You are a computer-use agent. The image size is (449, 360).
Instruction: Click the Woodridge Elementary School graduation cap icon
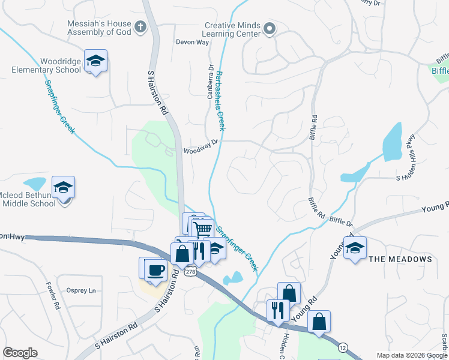(x=95, y=61)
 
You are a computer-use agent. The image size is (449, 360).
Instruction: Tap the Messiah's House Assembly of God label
(x=99, y=28)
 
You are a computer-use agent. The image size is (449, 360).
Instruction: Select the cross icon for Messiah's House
(x=140, y=26)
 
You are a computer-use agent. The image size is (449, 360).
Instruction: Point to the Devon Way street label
(x=192, y=42)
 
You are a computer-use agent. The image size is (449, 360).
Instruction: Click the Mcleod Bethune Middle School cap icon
(x=63, y=187)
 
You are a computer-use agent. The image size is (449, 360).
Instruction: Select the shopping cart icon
(x=203, y=229)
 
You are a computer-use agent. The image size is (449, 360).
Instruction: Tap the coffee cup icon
(x=155, y=269)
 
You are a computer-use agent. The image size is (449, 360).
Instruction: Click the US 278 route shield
(x=190, y=272)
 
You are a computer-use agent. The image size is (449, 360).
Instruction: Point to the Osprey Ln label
(x=81, y=290)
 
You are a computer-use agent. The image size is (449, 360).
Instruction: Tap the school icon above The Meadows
(x=355, y=248)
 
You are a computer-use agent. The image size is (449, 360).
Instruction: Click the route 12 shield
(x=343, y=347)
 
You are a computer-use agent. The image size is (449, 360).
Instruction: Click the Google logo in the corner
(x=20, y=353)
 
